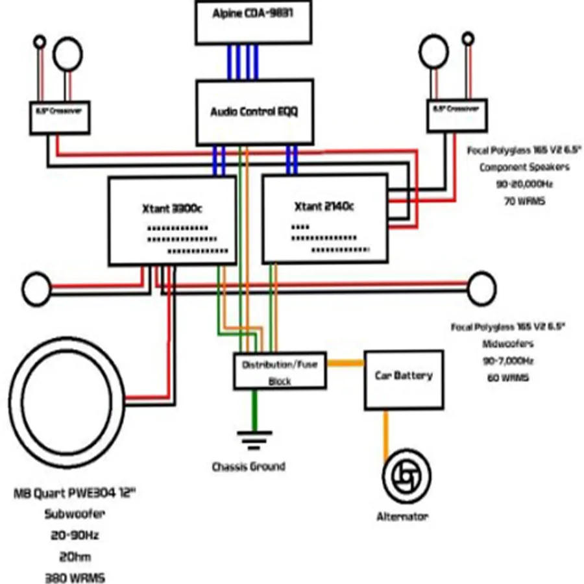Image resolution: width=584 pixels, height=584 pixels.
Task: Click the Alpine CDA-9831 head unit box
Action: click(x=254, y=22)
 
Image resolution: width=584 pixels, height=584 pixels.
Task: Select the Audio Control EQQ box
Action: click(x=254, y=112)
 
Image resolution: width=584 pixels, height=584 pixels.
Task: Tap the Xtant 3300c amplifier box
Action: click(x=172, y=221)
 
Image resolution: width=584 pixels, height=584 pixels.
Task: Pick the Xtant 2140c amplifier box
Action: click(x=324, y=219)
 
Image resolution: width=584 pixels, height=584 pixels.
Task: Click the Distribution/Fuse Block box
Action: click(x=280, y=371)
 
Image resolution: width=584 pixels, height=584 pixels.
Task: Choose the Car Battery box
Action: click(x=404, y=380)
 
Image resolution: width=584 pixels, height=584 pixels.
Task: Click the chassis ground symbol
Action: click(x=250, y=441)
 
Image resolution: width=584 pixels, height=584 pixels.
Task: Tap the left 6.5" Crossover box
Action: click(x=59, y=117)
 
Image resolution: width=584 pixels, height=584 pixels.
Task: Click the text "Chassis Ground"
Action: click(x=249, y=466)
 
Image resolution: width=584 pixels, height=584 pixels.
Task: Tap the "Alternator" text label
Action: click(x=402, y=517)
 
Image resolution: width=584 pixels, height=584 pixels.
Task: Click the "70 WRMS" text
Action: click(x=523, y=201)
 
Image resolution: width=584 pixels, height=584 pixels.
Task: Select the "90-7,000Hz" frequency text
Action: click(x=507, y=360)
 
